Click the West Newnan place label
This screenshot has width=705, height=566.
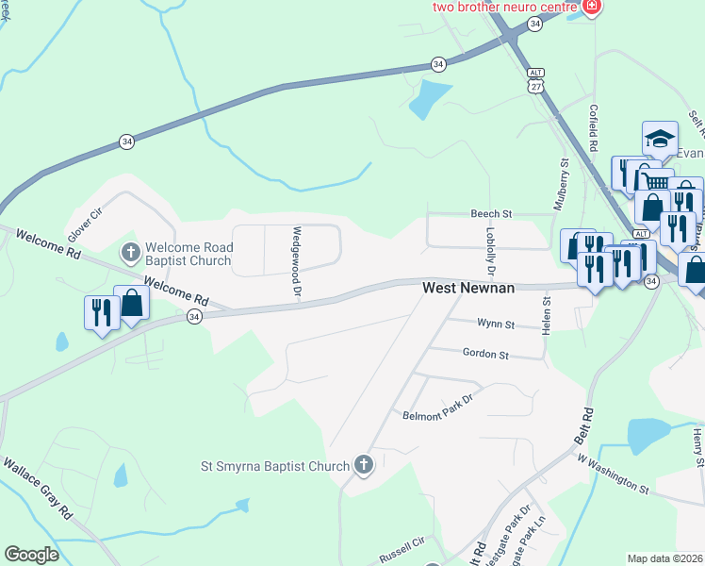pyautogui.click(x=468, y=288)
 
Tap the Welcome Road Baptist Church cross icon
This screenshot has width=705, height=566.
pyautogui.click(x=131, y=253)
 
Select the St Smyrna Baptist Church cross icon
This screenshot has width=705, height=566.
pyautogui.click(x=364, y=464)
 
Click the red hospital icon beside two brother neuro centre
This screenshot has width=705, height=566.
pyautogui.click(x=591, y=7)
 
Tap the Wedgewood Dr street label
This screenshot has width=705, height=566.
pyautogui.click(x=296, y=263)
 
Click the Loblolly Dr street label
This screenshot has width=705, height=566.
pyautogui.click(x=491, y=250)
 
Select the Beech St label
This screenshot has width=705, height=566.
pyautogui.click(x=490, y=215)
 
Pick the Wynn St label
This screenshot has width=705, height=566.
pyautogui.click(x=496, y=325)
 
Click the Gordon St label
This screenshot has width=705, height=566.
pyautogui.click(x=485, y=354)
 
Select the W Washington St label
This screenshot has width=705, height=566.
pyautogui.click(x=614, y=474)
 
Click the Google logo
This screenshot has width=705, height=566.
pyautogui.click(x=31, y=554)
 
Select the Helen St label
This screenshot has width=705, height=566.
pyautogui.click(x=546, y=313)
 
